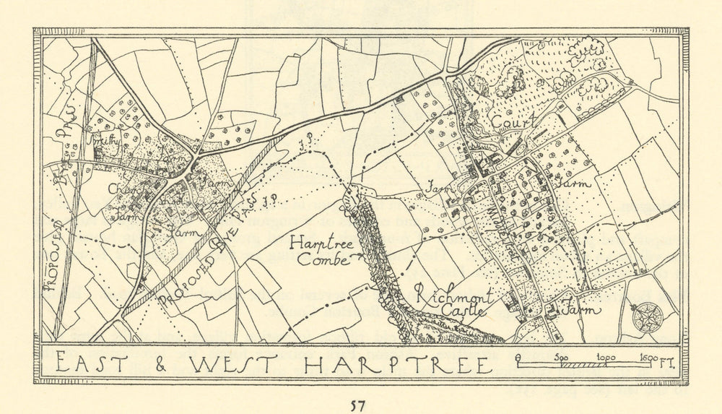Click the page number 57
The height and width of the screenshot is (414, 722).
[x=358, y=405]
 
